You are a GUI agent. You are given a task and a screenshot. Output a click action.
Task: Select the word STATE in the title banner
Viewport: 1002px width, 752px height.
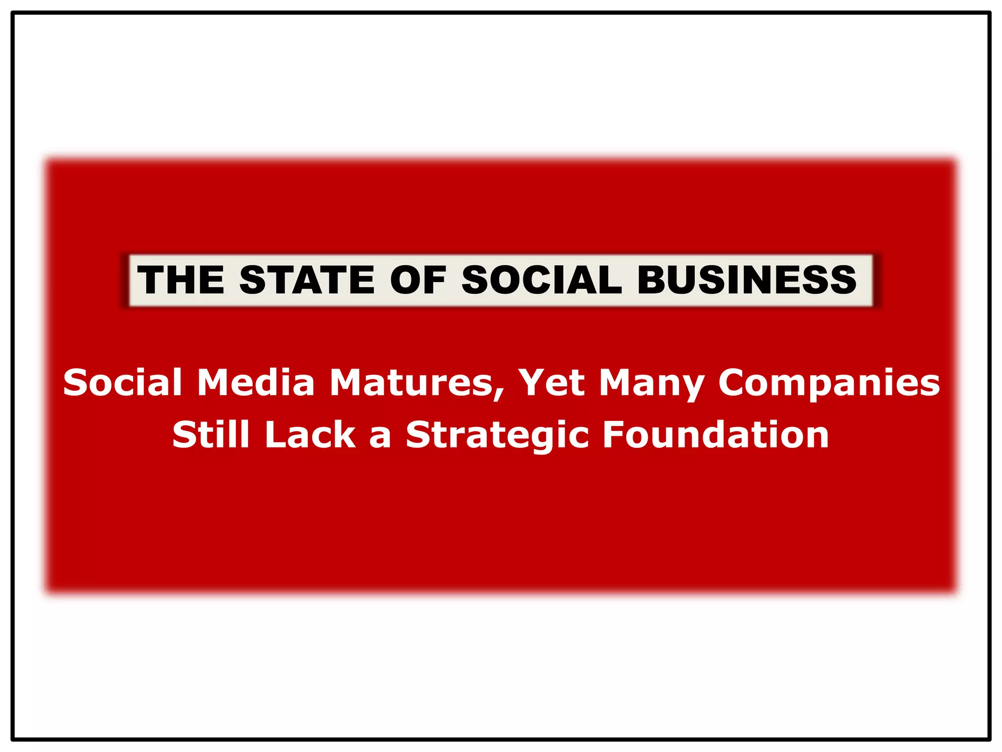(307, 280)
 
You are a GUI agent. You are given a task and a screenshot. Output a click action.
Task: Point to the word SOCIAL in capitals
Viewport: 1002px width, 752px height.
(542, 280)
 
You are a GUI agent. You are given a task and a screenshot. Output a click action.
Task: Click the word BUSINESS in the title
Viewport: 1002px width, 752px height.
(747, 280)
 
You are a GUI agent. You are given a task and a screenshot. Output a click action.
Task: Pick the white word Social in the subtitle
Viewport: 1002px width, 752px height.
(122, 382)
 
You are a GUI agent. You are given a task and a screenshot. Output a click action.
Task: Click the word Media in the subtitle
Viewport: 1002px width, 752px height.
(255, 382)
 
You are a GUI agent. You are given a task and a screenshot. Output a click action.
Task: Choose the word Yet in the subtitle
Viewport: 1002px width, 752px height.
(551, 382)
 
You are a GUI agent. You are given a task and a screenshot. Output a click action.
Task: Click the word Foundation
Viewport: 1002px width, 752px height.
(715, 434)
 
